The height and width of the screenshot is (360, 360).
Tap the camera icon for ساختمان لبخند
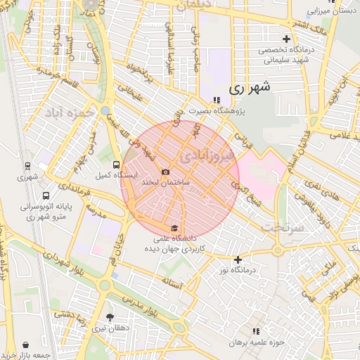point(165,172)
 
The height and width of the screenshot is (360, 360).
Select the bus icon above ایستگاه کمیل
point(126,165)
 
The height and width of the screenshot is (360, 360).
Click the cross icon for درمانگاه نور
point(238,259)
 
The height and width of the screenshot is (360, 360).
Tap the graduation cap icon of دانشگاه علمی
point(174,227)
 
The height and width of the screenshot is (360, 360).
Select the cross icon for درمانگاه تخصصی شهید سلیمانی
point(285,39)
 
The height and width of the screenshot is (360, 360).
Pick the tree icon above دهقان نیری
point(109,317)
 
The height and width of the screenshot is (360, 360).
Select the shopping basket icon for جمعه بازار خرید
point(26,345)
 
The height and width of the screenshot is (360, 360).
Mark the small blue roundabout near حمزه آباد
point(105,111)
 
